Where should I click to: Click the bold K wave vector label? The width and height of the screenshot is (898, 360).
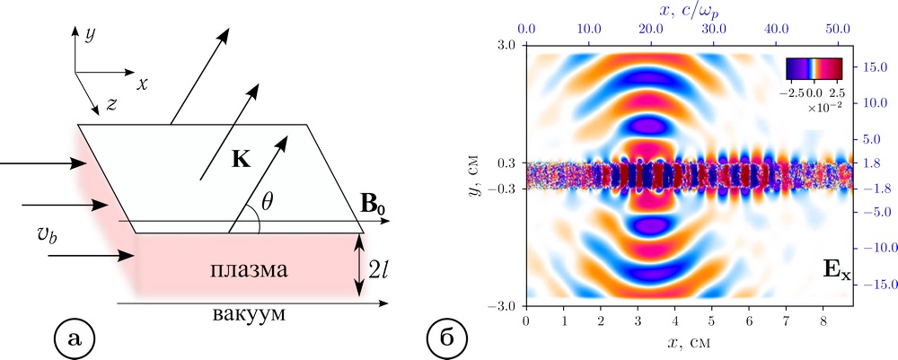[241, 161]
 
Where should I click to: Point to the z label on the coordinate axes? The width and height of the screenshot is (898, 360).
[110, 104]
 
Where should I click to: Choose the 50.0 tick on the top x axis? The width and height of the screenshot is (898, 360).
[838, 29]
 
